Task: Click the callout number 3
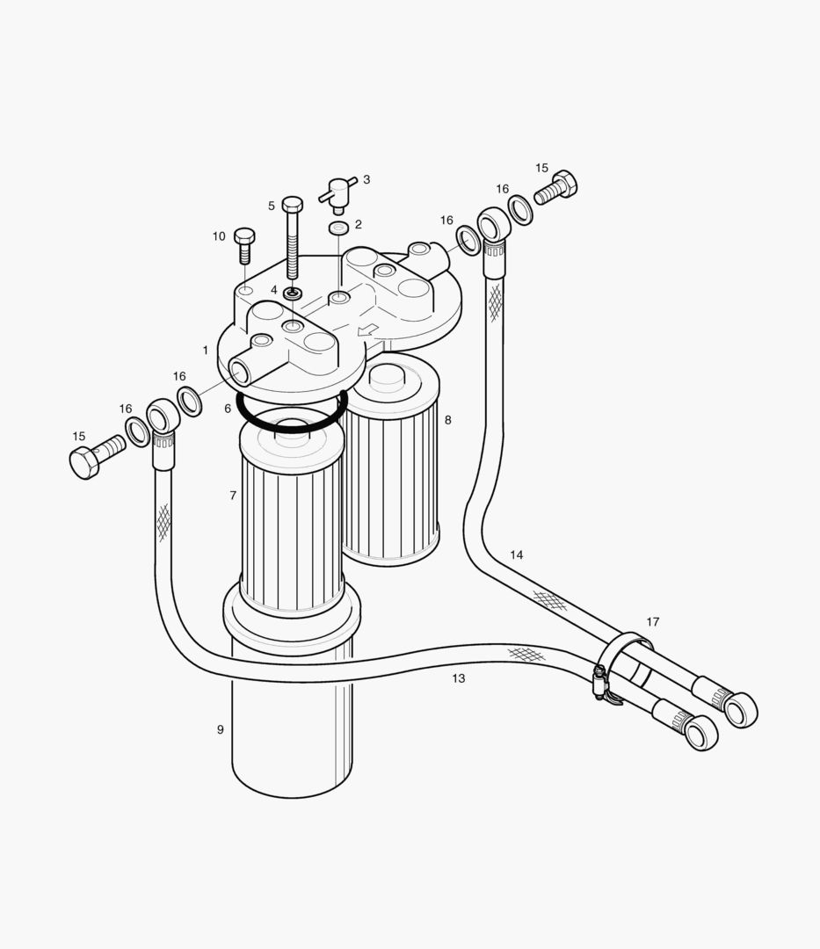tap(366, 180)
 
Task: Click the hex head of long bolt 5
tap(293, 205)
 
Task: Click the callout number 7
tap(233, 496)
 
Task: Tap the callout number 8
tap(447, 420)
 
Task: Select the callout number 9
tap(220, 729)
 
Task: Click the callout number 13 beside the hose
tap(458, 678)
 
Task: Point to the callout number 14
tap(517, 554)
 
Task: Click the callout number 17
tap(652, 622)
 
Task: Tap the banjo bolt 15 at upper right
tap(557, 186)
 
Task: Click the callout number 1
tap(206, 350)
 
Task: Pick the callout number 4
tap(273, 290)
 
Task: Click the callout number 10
tap(219, 236)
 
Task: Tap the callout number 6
tap(228, 409)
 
